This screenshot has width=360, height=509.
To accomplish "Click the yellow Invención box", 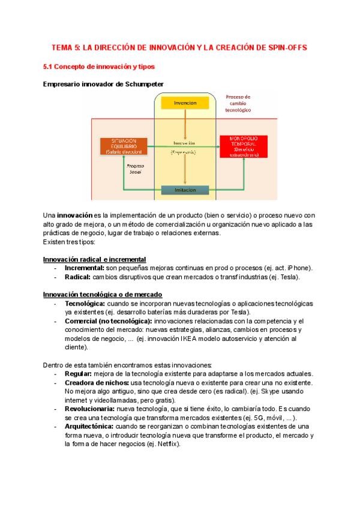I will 185,103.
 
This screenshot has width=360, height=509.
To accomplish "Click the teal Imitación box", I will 185,190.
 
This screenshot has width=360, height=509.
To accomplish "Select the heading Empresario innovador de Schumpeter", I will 103,84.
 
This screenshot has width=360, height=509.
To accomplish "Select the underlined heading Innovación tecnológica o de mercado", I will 103,294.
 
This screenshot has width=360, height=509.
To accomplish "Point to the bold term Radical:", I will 78,277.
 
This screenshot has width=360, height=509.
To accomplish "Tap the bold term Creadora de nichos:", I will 97,382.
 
